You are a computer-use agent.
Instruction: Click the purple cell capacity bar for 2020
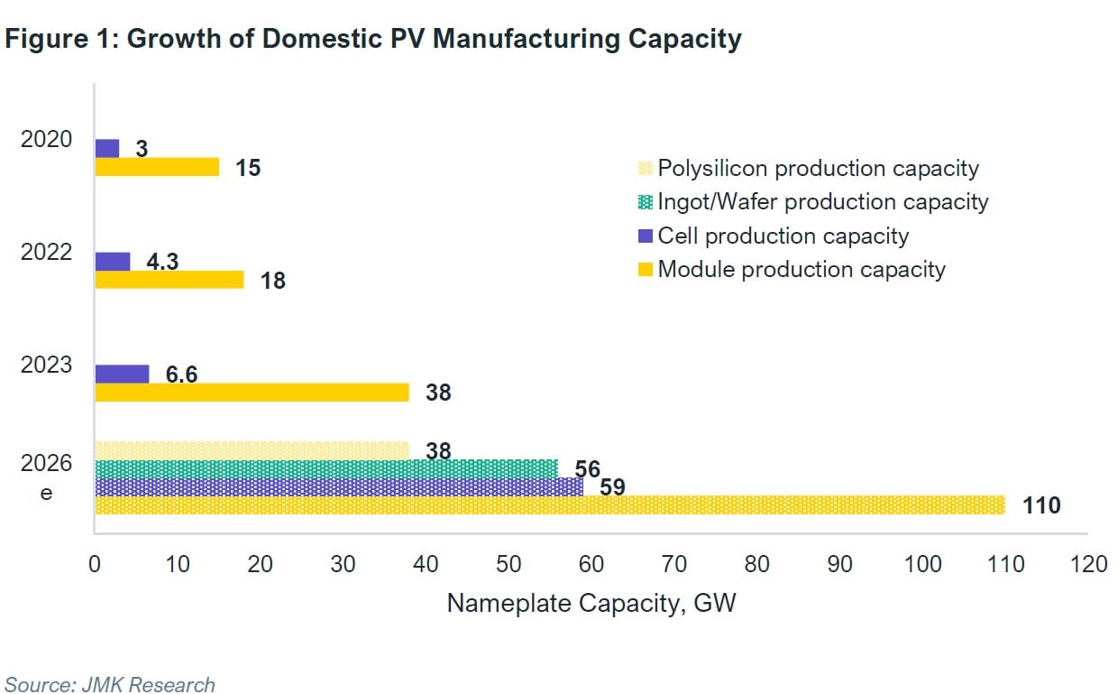pos(106,148)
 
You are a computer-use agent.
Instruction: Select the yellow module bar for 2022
pos(169,280)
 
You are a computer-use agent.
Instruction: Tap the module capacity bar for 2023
pos(252,393)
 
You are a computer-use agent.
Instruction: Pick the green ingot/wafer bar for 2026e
pos(325,468)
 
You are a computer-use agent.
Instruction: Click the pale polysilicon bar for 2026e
pos(252,449)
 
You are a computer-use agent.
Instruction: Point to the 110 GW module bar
pos(549,504)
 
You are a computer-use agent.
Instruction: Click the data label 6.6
pos(181,374)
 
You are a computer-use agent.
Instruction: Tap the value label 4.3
pos(162,261)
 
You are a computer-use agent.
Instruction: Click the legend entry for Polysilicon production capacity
pos(817,168)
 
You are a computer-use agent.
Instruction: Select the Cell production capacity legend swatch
pos(645,236)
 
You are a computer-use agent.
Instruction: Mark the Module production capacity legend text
pos(801,269)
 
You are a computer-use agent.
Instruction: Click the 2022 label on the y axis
pos(46,252)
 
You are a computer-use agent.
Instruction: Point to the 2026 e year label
pos(46,478)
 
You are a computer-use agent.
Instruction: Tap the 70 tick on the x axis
pos(674,565)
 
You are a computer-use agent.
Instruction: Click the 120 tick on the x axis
pos(1088,565)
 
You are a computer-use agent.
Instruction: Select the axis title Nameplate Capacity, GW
pos(591,603)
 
